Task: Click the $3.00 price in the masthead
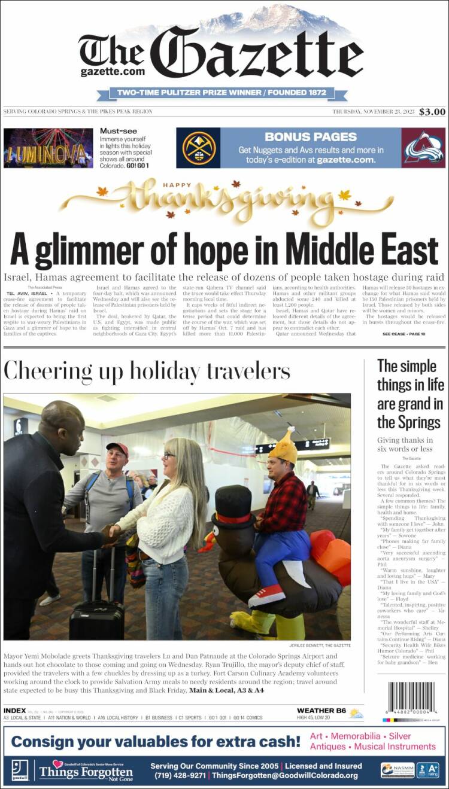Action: [432, 111]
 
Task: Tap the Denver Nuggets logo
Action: [198, 148]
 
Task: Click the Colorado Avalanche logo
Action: [423, 148]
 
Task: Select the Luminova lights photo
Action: [48, 148]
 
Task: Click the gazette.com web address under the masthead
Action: [113, 72]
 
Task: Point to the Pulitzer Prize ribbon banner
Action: [222, 93]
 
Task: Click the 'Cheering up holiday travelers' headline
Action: [147, 371]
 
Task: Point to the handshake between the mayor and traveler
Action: [110, 534]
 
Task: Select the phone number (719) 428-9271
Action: [177, 776]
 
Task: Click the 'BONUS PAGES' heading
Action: [311, 137]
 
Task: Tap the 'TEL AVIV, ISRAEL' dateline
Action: [26, 294]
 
